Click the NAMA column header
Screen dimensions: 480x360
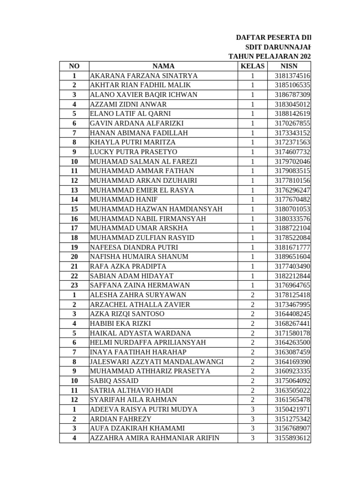coord(163,66)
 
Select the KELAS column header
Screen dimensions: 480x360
coord(252,66)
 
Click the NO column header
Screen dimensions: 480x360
coord(74,66)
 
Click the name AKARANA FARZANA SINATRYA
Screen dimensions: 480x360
coord(143,75)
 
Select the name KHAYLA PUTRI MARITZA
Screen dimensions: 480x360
coord(133,142)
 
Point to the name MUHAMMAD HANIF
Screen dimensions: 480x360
coord(118,199)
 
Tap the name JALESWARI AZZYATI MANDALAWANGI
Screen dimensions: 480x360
coord(157,361)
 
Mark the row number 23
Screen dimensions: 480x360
coord(74,285)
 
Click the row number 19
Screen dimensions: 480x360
coord(74,247)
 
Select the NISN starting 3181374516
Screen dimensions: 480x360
coord(289,75)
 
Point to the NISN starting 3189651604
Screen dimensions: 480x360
coord(289,256)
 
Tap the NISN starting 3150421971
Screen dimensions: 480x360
coord(289,409)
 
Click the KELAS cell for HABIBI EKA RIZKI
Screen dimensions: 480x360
coord(252,323)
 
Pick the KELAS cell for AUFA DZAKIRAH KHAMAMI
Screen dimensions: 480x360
coord(252,428)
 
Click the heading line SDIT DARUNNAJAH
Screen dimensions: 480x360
coord(277,47)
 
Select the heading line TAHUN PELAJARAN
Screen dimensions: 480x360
coord(269,56)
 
